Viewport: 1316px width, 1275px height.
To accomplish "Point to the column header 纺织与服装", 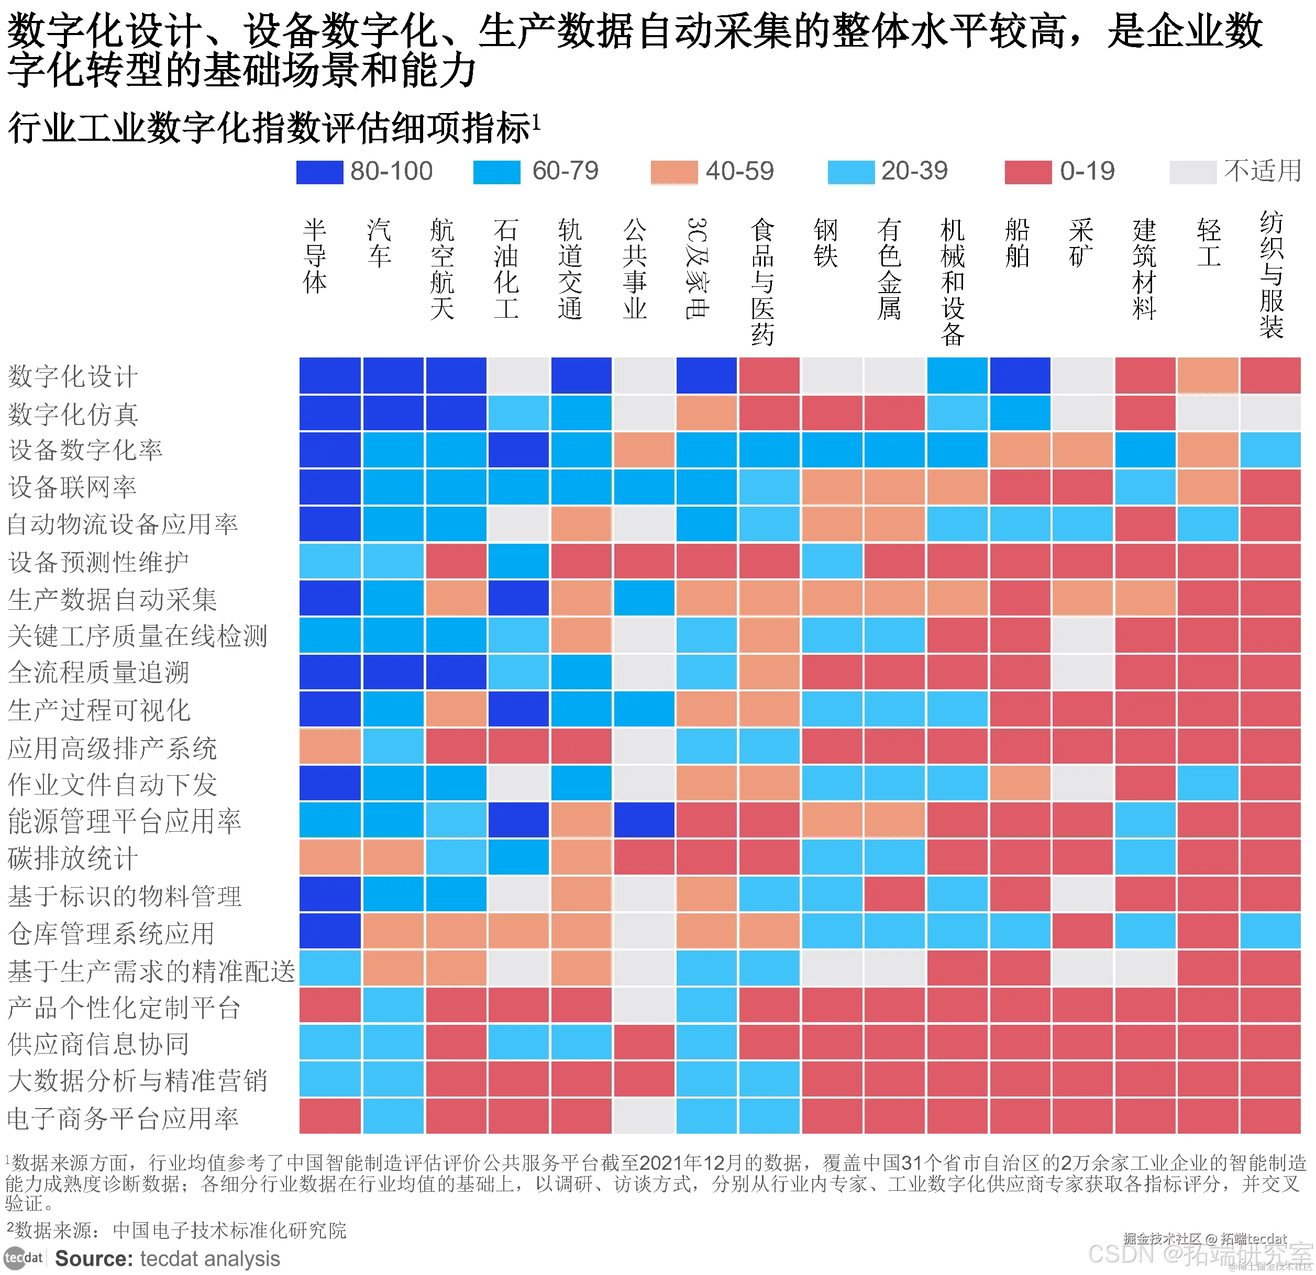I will point(1271,275).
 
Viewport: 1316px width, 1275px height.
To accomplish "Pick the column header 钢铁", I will point(825,243).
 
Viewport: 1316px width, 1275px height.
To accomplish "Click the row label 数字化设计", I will point(72,376).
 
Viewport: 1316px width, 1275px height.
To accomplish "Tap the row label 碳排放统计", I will point(72,858).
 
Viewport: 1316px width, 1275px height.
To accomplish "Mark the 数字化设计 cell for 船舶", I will point(1019,376).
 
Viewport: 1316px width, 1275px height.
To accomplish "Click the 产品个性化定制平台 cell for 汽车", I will point(393,1005).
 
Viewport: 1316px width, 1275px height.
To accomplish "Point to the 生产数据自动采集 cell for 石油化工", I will point(518,598).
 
